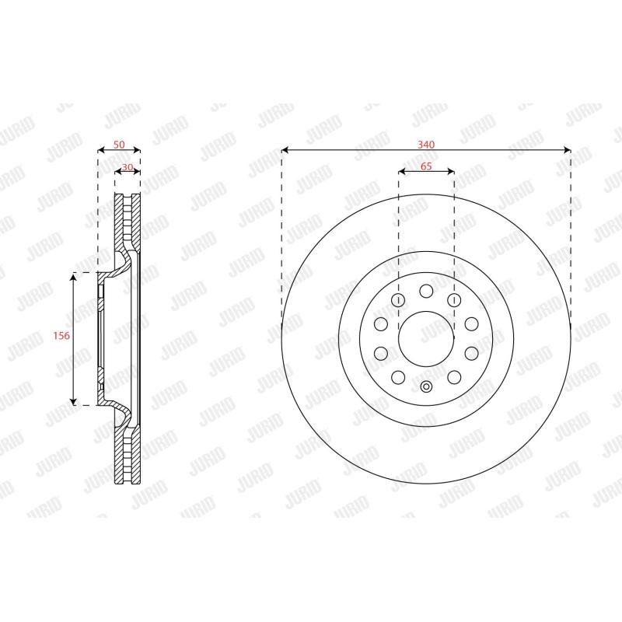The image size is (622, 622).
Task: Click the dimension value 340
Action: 425,145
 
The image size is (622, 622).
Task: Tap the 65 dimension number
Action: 426,166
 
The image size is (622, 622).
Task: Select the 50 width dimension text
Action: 119,145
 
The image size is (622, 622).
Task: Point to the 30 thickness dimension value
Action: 128,167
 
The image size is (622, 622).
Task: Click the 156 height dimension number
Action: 61,336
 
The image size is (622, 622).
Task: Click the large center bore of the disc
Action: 426,339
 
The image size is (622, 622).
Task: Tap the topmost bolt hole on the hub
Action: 426,291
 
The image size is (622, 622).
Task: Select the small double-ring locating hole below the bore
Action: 426,386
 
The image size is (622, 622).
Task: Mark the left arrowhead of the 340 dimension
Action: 284,150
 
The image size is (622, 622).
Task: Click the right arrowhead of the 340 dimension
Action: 568,150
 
